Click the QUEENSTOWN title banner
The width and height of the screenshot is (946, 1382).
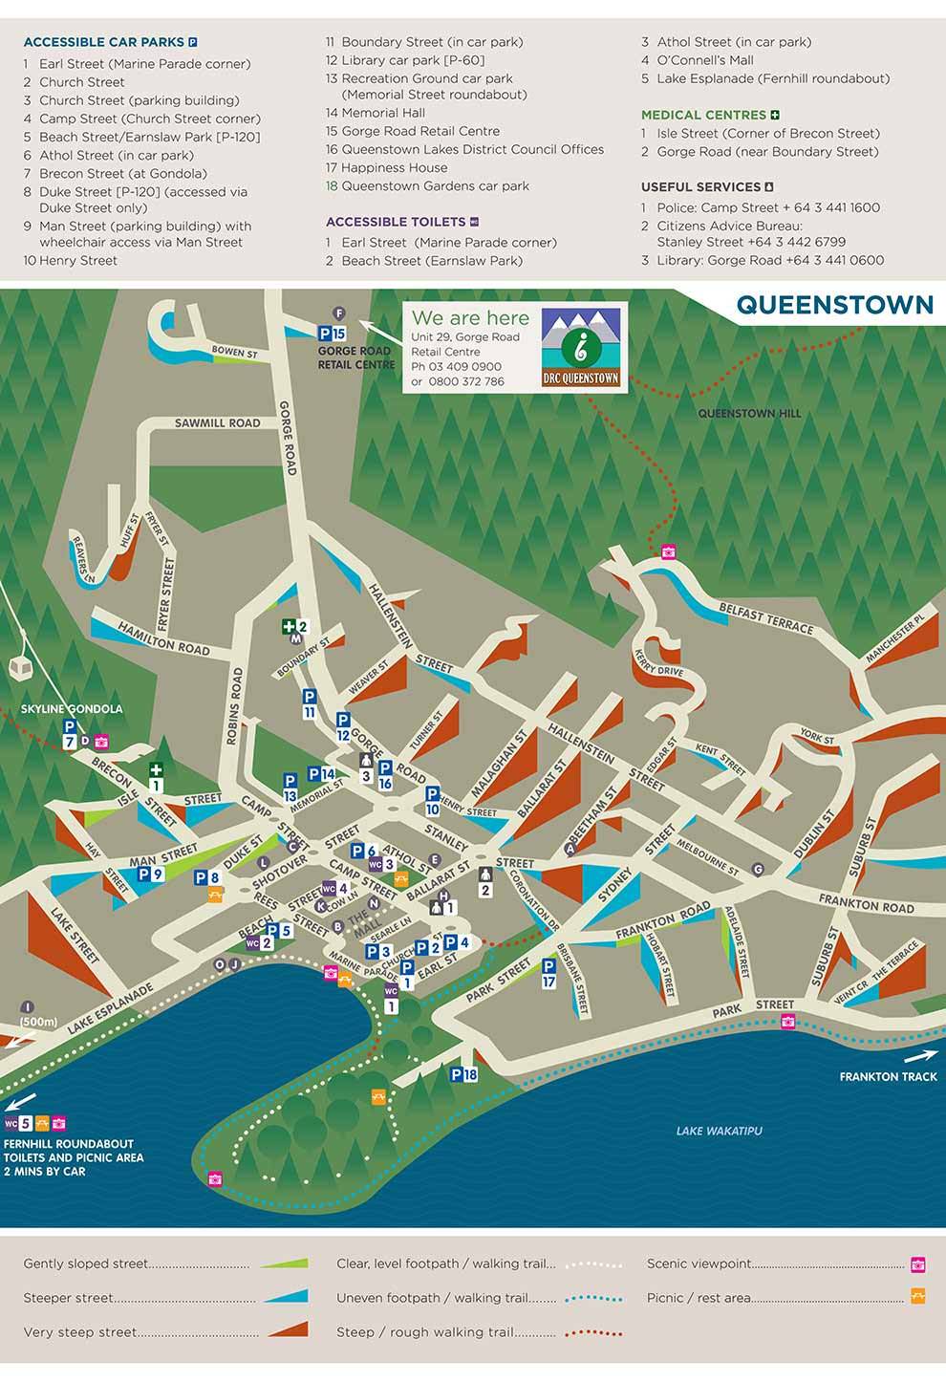833,305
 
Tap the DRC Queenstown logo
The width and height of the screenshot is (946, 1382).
581,347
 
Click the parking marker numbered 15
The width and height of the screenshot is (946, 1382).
332,334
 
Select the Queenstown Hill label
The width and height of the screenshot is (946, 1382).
749,414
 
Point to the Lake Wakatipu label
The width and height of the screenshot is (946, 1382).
719,1132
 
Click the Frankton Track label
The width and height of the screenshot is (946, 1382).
888,1076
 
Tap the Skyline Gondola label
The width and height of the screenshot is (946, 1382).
72,709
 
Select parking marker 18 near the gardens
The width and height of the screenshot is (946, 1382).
463,1074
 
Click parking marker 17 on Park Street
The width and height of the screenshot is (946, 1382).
548,974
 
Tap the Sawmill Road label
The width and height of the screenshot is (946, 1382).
217,422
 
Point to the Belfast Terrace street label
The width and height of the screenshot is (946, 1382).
765,619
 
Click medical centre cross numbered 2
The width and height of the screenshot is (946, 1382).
293,627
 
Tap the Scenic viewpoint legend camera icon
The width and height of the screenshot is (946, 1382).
917,1264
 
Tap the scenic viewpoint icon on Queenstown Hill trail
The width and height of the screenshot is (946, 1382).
669,551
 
